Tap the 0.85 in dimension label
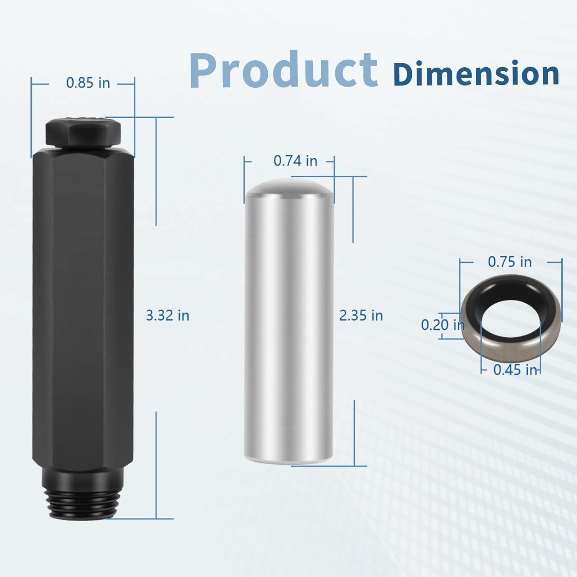[x=88, y=83]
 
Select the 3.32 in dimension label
[x=168, y=315]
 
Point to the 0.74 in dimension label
[x=295, y=161]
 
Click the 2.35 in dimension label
[x=361, y=315]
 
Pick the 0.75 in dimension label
[x=510, y=262]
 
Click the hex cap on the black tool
[x=83, y=132]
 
